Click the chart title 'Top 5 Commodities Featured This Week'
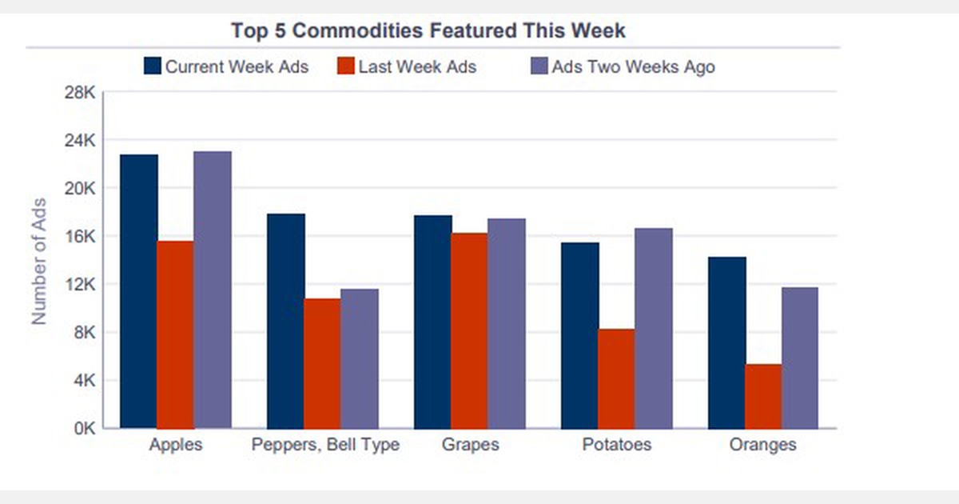pyautogui.click(x=428, y=31)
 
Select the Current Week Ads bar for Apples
pyautogui.click(x=139, y=291)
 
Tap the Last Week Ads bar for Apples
pyautogui.click(x=175, y=334)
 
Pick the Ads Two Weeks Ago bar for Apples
pyautogui.click(x=212, y=290)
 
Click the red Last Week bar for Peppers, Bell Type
pyautogui.click(x=322, y=363)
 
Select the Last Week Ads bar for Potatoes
pyautogui.click(x=616, y=378)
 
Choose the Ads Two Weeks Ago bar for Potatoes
pyautogui.click(x=653, y=328)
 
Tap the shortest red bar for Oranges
pyautogui.click(x=763, y=396)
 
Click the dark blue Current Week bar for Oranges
pyautogui.click(x=726, y=342)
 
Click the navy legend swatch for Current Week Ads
pyautogui.click(x=153, y=66)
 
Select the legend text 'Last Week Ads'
pyautogui.click(x=417, y=67)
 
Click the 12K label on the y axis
pyautogui.click(x=81, y=285)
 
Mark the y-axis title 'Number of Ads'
pyautogui.click(x=38, y=260)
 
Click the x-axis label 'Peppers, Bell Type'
pyautogui.click(x=325, y=445)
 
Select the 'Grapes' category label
pyautogui.click(x=470, y=445)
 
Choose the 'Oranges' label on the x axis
pyautogui.click(x=762, y=445)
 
